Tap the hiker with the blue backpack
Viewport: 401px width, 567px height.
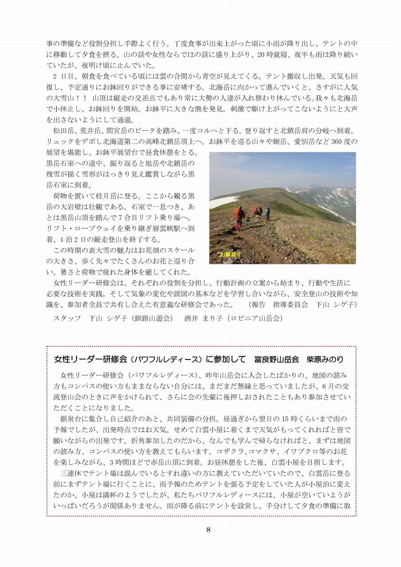[267, 214]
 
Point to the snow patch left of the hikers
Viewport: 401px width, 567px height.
[222, 202]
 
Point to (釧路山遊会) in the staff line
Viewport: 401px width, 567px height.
[148, 318]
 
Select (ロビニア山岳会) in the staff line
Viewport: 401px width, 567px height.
[254, 318]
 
